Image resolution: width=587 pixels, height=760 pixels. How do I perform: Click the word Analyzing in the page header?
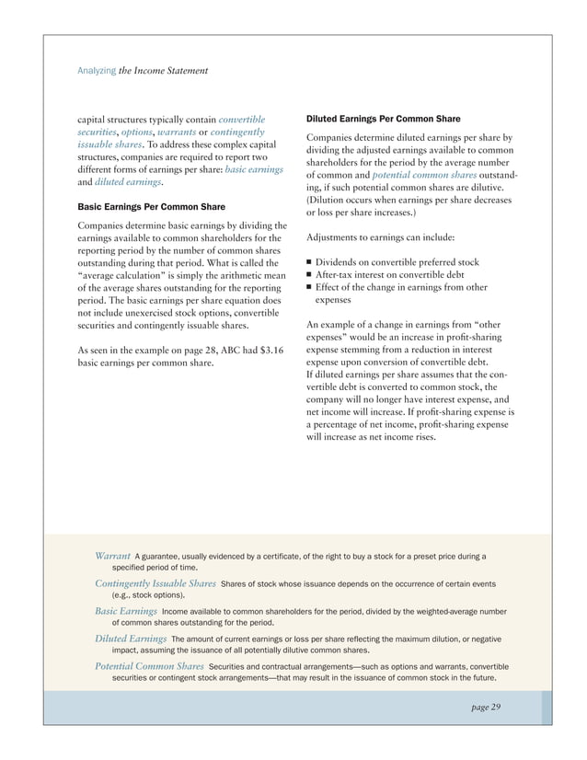pos(95,71)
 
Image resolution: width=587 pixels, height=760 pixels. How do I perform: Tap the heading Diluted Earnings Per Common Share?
pos(378,119)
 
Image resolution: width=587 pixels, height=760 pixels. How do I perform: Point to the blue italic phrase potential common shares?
pos(417,174)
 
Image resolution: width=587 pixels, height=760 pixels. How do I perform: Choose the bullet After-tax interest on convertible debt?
pos(389,275)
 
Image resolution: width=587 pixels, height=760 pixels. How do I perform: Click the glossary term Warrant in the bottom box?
pos(112,556)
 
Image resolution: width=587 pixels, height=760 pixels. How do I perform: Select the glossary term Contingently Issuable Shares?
pos(155,583)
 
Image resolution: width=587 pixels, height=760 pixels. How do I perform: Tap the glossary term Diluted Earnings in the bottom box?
pos(130,638)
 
